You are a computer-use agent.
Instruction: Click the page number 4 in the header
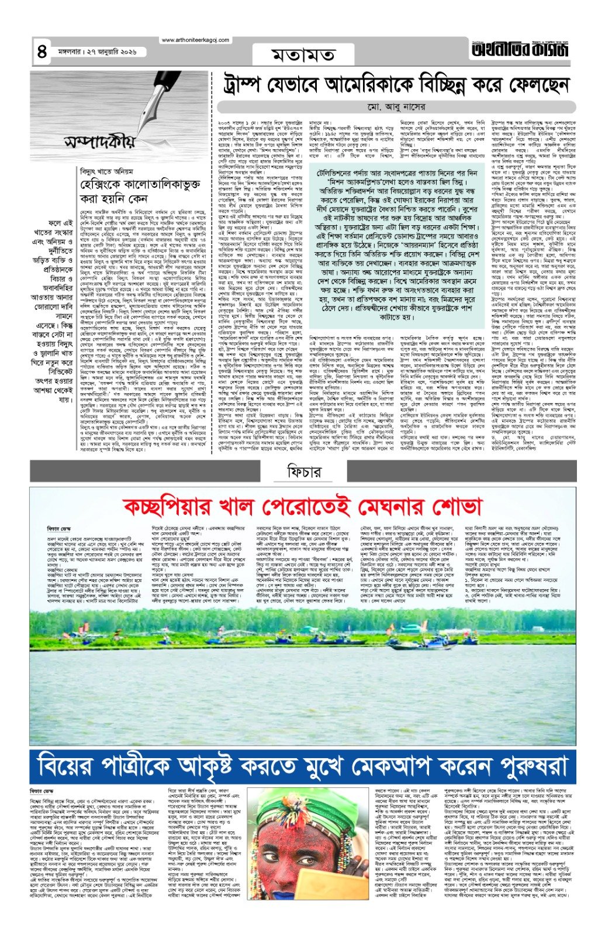click(x=42, y=52)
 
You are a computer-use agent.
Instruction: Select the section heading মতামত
click(x=303, y=54)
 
